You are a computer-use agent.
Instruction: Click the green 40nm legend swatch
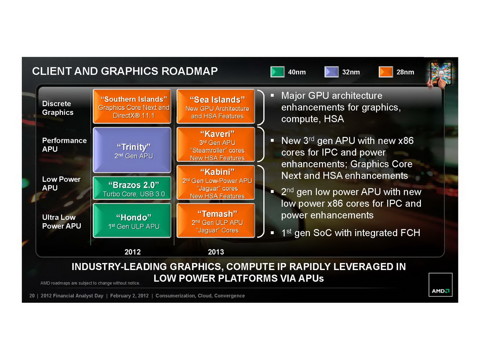click(277, 72)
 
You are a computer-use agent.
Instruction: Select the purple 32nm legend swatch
click(331, 72)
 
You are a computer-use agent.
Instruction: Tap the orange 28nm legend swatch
click(385, 72)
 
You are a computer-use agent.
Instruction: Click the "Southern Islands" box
click(132, 106)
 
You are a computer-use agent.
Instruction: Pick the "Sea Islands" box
click(216, 106)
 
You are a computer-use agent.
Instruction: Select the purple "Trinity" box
click(132, 150)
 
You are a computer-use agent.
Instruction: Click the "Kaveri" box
click(216, 145)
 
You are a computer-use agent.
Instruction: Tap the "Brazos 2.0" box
click(132, 188)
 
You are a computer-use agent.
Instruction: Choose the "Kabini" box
click(216, 183)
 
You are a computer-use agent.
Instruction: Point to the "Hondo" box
click(132, 221)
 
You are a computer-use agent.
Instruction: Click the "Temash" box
click(216, 221)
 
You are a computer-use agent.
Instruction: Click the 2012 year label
click(133, 252)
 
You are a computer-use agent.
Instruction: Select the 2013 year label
click(216, 252)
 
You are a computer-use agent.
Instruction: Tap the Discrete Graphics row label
click(58, 108)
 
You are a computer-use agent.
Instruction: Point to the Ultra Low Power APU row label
click(61, 222)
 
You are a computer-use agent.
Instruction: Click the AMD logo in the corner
click(440, 285)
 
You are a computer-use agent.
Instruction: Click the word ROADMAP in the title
click(190, 71)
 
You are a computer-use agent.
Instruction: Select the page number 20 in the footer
click(32, 296)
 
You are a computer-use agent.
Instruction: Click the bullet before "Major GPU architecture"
click(272, 96)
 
